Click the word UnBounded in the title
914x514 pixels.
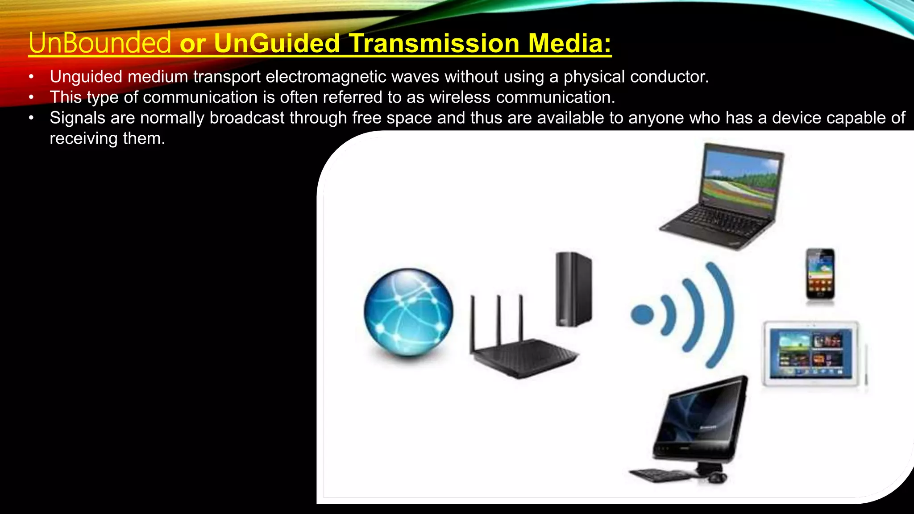click(x=100, y=43)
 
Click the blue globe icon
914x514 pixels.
click(x=408, y=312)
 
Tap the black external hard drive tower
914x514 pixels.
click(x=573, y=289)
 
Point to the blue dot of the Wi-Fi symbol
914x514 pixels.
click(x=642, y=315)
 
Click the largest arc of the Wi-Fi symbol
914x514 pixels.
click(x=723, y=315)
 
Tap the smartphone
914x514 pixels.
click(x=820, y=274)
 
